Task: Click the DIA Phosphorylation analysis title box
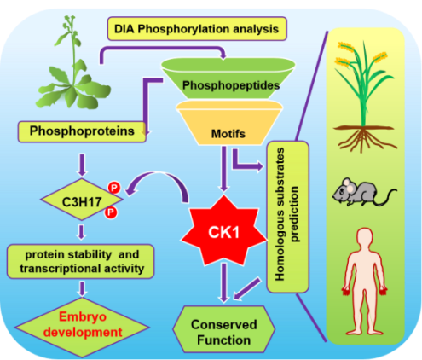pyautogui.click(x=197, y=29)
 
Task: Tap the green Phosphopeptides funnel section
pyautogui.click(x=228, y=78)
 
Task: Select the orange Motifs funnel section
pyautogui.click(x=229, y=123)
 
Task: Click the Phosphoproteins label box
pyautogui.click(x=82, y=131)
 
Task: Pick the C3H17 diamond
pyautogui.click(x=82, y=200)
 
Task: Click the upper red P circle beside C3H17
pyautogui.click(x=114, y=188)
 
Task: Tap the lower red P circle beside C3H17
pyautogui.click(x=111, y=212)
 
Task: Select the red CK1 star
pyautogui.click(x=224, y=231)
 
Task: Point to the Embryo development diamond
pyautogui.click(x=82, y=327)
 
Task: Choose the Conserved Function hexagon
pyautogui.click(x=224, y=329)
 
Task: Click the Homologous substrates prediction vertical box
pyautogui.click(x=287, y=217)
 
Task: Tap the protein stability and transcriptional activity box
pyautogui.click(x=81, y=261)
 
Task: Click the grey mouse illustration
pyautogui.click(x=364, y=192)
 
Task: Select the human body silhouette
pyautogui.click(x=365, y=282)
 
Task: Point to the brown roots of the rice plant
pyautogui.click(x=364, y=138)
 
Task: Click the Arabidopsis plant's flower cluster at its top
pyautogui.click(x=69, y=23)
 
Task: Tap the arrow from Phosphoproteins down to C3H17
pyautogui.click(x=82, y=165)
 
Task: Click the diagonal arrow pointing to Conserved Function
pyautogui.click(x=246, y=289)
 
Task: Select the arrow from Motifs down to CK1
pyautogui.click(x=224, y=169)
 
